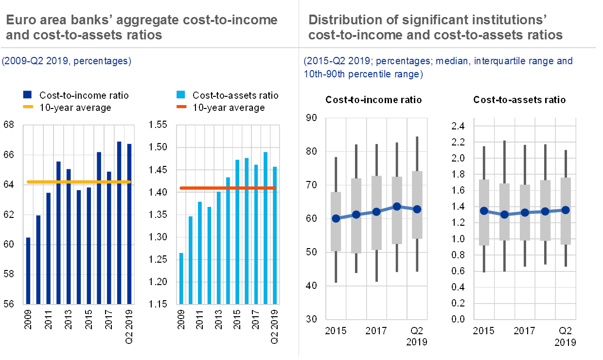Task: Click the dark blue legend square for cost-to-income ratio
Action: click(x=27, y=95)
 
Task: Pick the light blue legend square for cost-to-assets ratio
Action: click(x=180, y=95)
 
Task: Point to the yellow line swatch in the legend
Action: click(x=27, y=108)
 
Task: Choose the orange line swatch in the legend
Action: click(x=180, y=108)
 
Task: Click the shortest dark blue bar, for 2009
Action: click(x=28, y=270)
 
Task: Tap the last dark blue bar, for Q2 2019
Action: click(x=129, y=223)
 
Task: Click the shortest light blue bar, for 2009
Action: click(x=181, y=278)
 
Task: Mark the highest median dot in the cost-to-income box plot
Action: click(x=397, y=207)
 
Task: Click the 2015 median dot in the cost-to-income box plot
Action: click(x=336, y=218)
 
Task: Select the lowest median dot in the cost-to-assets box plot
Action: click(x=504, y=215)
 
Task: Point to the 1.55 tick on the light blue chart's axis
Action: click(x=158, y=125)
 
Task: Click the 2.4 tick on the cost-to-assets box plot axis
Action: click(x=458, y=126)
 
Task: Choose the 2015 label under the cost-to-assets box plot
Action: click(x=484, y=331)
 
